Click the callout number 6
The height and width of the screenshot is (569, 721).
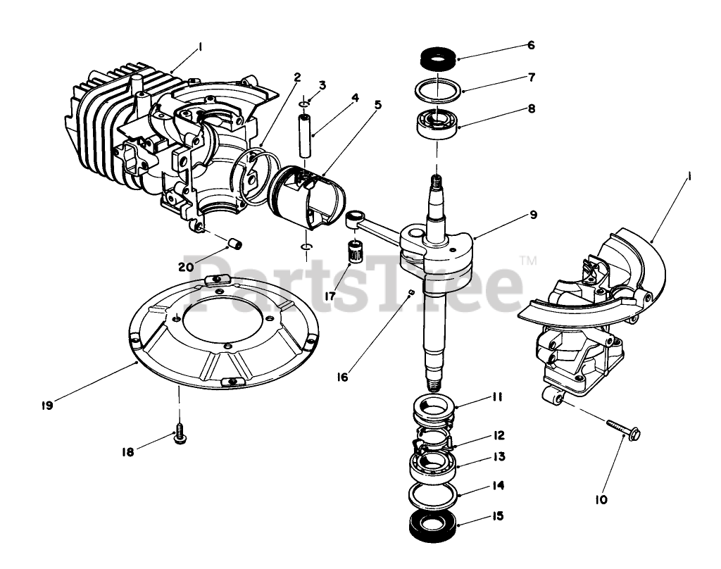(x=531, y=45)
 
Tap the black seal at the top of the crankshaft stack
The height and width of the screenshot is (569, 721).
(x=437, y=58)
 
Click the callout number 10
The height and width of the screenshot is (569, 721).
(x=601, y=500)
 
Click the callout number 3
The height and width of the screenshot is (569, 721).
(x=322, y=85)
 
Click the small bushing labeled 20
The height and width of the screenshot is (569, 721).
(x=235, y=243)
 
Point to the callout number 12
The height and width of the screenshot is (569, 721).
(x=498, y=436)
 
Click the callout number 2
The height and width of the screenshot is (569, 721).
(x=298, y=76)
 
